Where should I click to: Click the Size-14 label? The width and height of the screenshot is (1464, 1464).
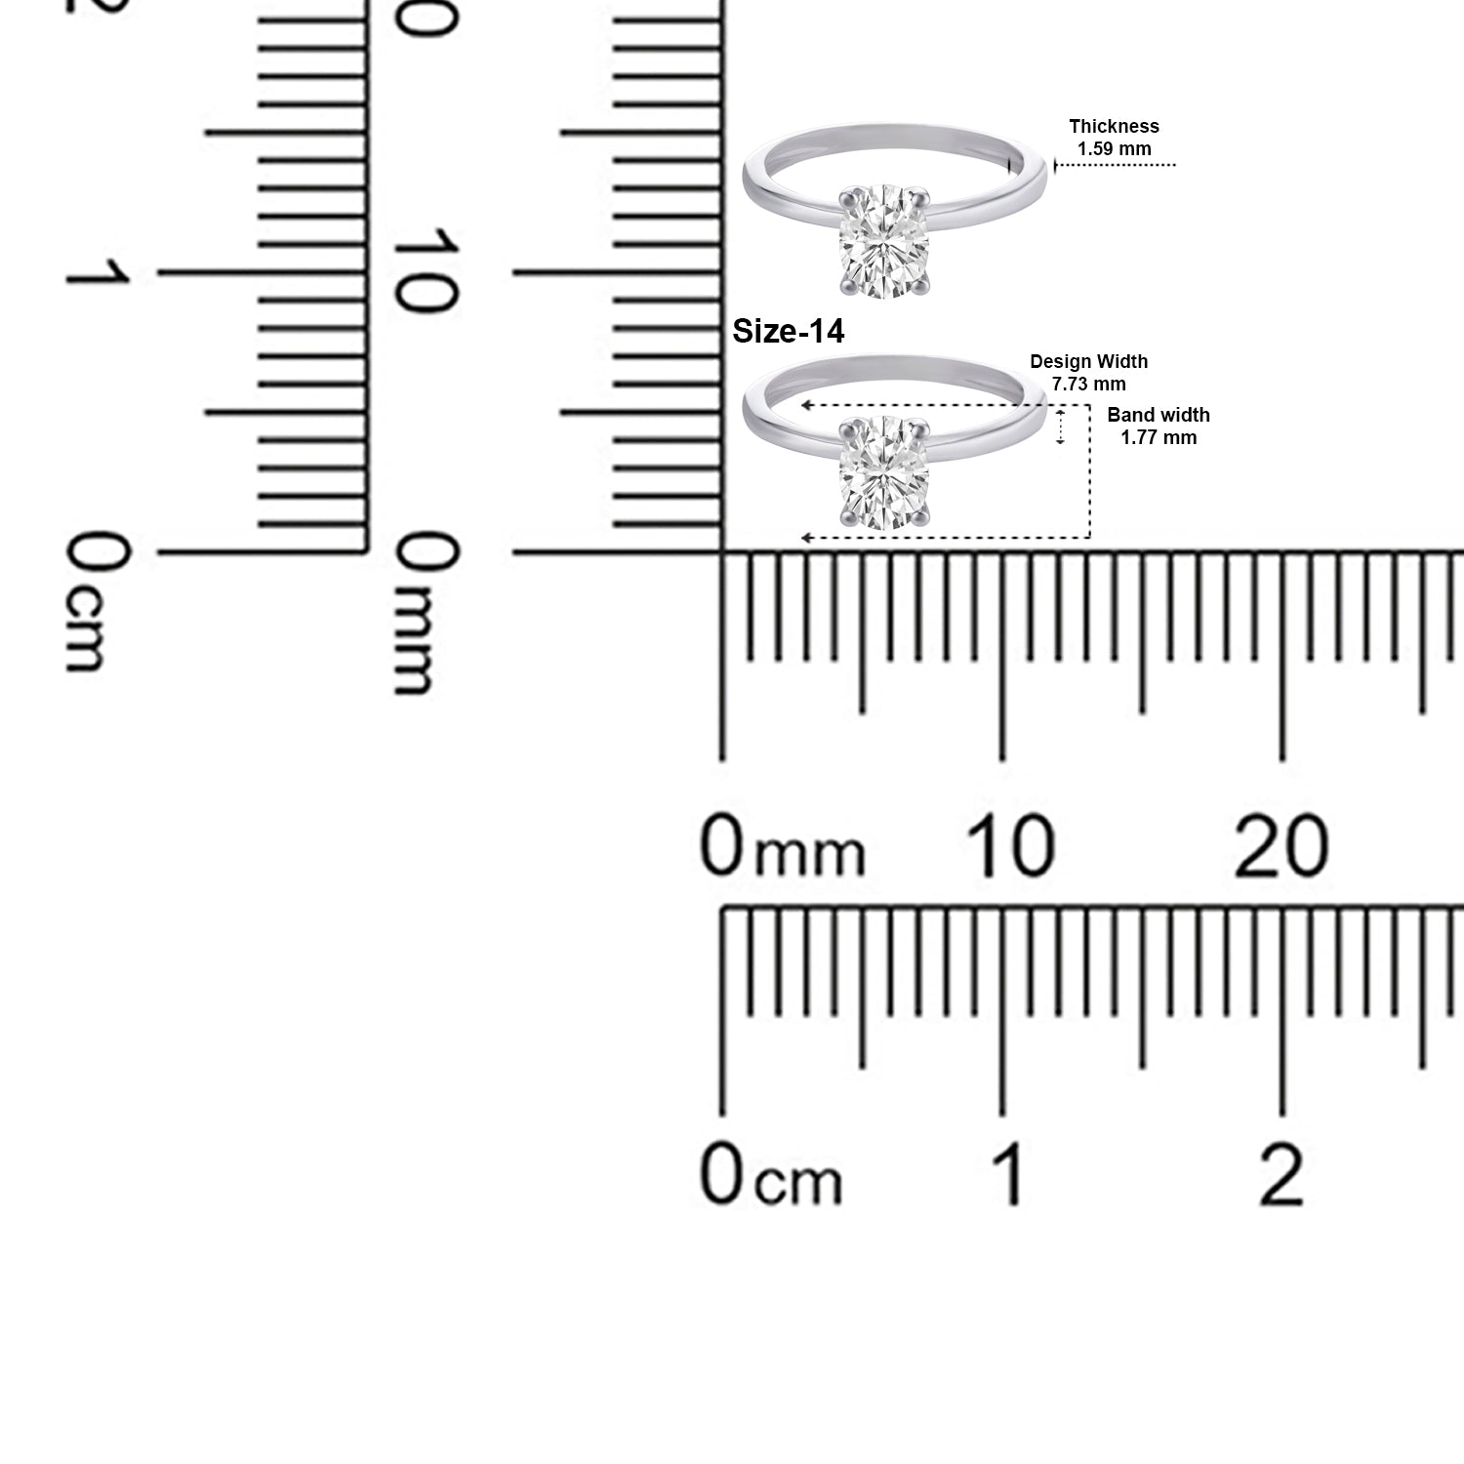coord(788,332)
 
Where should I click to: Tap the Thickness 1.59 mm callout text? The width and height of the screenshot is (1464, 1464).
coord(1114,138)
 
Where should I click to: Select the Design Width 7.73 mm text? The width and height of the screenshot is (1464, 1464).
coord(1088,373)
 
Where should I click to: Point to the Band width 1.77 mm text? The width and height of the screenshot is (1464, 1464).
coord(1159,427)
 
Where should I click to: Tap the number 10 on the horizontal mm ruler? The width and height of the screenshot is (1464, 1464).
coord(1010,845)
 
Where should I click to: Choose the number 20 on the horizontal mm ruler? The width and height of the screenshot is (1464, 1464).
coord(1281,845)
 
